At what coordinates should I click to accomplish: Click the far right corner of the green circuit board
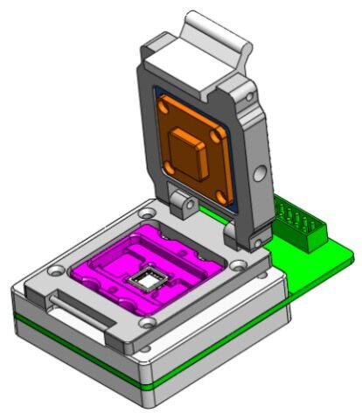(x=352, y=256)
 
